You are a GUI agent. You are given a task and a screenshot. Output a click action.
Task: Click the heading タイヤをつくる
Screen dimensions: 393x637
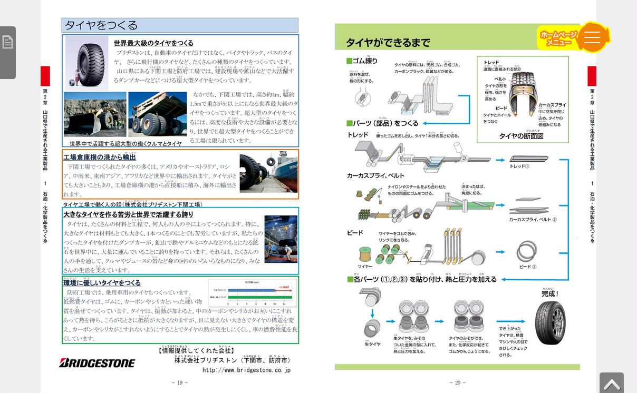pyautogui.click(x=101, y=25)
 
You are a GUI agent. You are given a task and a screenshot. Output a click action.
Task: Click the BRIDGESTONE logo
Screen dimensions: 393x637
pyautogui.click(x=97, y=362)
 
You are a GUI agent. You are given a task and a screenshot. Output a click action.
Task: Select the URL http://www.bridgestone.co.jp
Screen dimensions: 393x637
pyautogui.click(x=246, y=370)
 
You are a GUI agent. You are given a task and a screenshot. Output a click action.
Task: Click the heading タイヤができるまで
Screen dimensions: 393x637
pyautogui.click(x=388, y=43)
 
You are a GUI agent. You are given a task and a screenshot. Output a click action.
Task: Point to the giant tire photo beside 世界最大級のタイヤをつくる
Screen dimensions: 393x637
pyautogui.click(x=86, y=62)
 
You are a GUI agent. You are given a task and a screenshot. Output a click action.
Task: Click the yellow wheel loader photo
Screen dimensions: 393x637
pyautogui.click(x=95, y=114)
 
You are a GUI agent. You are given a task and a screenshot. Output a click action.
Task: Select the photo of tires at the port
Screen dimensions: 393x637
pyautogui.click(x=268, y=172)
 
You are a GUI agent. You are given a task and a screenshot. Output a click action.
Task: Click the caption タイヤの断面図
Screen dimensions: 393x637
pyautogui.click(x=521, y=136)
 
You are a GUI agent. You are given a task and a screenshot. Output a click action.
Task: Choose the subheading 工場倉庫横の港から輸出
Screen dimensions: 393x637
pyautogui.click(x=100, y=157)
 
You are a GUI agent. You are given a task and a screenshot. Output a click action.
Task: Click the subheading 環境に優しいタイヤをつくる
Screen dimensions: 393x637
pyautogui.click(x=102, y=283)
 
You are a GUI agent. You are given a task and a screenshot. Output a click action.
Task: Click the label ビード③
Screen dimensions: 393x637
pyautogui.click(x=527, y=267)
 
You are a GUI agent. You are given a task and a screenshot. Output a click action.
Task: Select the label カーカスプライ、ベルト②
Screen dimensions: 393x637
pyautogui.click(x=533, y=219)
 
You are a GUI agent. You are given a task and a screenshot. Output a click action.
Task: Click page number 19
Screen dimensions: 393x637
pyautogui.click(x=179, y=382)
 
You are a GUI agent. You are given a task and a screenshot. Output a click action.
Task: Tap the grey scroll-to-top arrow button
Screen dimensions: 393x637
pyautogui.click(x=611, y=384)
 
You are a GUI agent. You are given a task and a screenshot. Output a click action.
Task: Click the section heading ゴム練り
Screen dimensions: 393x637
pyautogui.click(x=362, y=61)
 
